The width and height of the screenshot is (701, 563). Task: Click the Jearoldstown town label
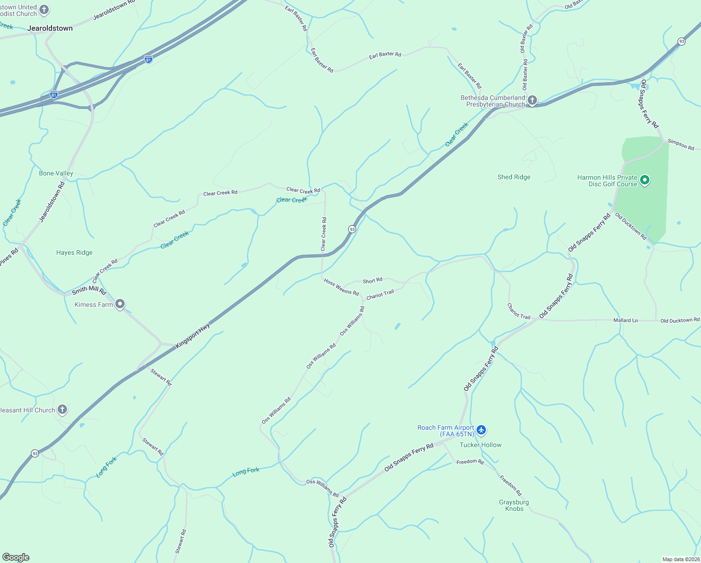50,28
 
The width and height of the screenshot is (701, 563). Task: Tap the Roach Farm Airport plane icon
481,430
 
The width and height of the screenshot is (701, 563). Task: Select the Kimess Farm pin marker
120,304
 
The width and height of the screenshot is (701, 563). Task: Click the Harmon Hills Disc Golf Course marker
645,180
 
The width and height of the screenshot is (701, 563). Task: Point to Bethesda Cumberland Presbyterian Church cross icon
532,100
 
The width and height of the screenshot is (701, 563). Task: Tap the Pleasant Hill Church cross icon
62,410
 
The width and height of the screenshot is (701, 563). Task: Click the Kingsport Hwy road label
193,335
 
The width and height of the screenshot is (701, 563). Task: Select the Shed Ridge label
514,177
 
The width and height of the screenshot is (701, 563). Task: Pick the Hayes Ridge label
75,252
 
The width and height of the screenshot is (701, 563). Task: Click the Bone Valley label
56,173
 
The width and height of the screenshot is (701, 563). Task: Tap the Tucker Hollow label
480,445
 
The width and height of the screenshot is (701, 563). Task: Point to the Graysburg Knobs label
514,505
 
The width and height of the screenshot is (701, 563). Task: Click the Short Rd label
373,281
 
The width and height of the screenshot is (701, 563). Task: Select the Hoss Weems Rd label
341,287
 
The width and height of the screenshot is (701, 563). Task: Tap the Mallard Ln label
626,320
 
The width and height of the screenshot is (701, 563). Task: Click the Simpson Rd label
681,145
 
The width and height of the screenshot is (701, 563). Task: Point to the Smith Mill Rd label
89,290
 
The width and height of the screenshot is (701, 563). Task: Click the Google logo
16,557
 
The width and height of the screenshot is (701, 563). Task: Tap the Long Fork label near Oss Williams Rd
246,472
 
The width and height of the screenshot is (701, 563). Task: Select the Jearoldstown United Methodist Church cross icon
44,10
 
